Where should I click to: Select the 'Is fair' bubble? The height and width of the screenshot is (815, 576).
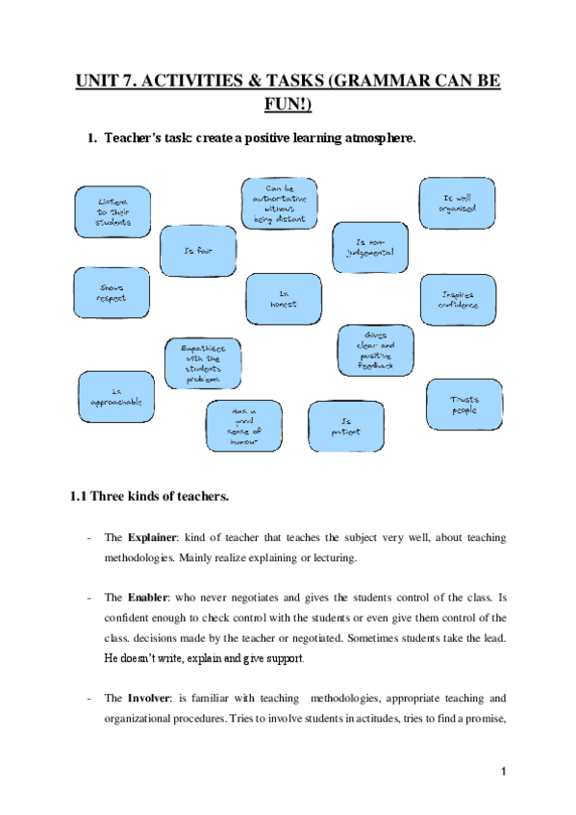(x=197, y=250)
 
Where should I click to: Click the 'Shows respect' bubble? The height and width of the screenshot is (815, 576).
(x=112, y=292)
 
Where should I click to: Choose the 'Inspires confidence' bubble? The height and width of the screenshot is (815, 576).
(x=458, y=300)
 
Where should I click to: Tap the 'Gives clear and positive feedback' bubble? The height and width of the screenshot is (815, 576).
(x=376, y=350)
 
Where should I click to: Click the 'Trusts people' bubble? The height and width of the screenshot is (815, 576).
(x=464, y=405)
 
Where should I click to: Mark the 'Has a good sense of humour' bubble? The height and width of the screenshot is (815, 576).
(x=244, y=427)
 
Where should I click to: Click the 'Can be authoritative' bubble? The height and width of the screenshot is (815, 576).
(x=279, y=203)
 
